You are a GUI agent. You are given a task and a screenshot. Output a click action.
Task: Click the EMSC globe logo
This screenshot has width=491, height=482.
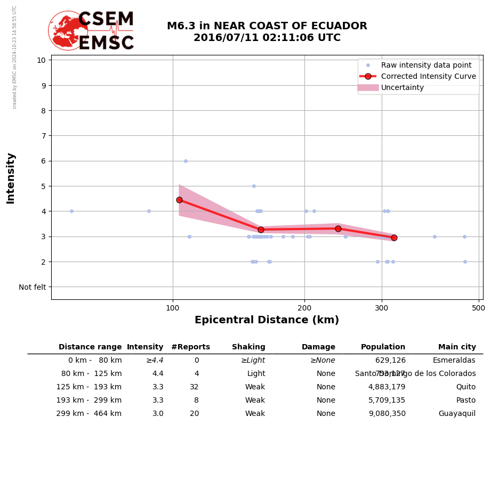68,30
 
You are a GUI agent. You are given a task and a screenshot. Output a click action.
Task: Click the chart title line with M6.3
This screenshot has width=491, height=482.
267,26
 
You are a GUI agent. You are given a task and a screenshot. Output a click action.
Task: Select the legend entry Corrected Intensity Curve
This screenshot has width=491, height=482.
428,76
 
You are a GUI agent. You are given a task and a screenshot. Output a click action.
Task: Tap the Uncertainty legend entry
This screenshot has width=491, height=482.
403,87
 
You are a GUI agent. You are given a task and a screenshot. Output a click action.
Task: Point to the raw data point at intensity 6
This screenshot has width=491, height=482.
186,161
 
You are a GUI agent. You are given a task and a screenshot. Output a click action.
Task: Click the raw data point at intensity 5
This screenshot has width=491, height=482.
254,186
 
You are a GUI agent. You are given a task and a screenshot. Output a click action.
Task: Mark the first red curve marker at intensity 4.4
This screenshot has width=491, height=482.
179,200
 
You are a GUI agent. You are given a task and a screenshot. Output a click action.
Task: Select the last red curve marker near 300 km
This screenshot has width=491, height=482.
394,238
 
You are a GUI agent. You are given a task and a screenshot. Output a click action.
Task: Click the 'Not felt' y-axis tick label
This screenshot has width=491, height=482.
32,287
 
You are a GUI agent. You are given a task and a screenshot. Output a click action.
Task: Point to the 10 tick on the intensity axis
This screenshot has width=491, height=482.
41,60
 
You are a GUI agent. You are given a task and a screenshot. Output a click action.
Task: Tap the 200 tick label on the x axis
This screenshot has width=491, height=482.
304,308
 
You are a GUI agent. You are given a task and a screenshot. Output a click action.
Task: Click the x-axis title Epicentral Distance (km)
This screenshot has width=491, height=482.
267,320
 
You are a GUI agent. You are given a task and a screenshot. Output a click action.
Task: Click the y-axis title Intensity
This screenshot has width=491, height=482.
11,178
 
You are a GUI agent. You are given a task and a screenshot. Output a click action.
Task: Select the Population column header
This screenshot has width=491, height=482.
383,347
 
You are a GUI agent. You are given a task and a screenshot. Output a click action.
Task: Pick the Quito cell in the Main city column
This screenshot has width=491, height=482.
465,387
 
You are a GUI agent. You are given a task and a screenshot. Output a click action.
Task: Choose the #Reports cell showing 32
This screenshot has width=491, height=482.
194,387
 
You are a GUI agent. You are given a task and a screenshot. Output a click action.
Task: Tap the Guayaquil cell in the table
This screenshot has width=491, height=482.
457,414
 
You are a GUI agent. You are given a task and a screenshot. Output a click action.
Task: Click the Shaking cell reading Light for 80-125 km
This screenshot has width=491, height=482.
255,374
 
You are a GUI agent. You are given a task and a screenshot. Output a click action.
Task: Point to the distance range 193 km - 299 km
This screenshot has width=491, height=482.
89,401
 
